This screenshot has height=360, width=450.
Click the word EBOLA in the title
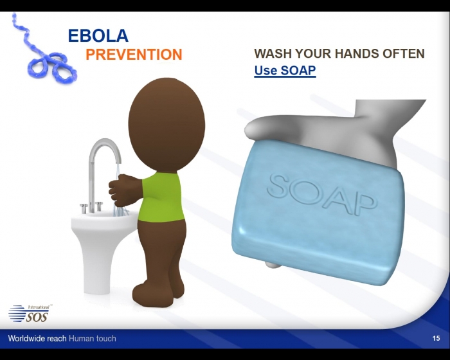click(x=98, y=35)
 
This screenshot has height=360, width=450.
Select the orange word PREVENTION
click(x=134, y=54)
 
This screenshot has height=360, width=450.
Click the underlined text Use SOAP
click(x=285, y=70)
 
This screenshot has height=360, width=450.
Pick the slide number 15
click(x=436, y=338)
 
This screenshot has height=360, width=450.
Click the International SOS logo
click(x=30, y=313)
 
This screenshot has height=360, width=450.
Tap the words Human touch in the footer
click(x=93, y=338)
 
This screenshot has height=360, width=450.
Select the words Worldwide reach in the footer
click(x=37, y=338)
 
